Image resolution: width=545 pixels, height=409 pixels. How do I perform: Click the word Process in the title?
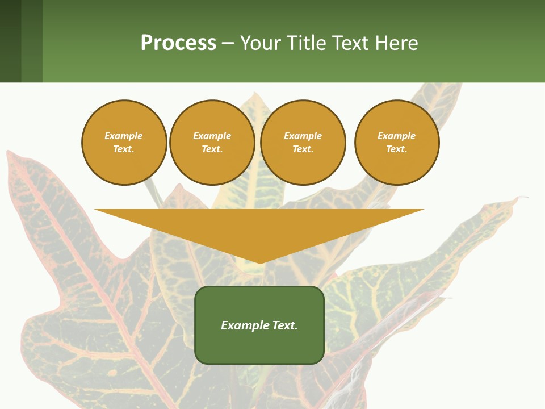(178, 43)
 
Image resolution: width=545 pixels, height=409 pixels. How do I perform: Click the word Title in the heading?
(307, 43)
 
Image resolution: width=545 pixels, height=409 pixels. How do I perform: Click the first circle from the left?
(124, 143)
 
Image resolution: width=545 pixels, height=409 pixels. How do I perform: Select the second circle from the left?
(212, 143)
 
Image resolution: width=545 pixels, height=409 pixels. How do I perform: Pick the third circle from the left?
(303, 143)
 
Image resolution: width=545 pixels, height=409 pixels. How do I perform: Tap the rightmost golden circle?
(397, 143)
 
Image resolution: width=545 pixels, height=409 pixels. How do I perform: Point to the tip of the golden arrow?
(260, 263)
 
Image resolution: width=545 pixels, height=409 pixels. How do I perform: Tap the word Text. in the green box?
(284, 325)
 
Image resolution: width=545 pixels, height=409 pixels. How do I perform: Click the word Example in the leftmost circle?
(124, 136)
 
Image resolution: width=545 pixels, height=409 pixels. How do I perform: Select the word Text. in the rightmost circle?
(397, 149)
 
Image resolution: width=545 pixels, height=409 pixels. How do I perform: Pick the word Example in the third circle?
(303, 136)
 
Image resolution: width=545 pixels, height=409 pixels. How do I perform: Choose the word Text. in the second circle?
(212, 149)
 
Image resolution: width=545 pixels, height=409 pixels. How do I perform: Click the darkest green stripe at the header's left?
(10, 41)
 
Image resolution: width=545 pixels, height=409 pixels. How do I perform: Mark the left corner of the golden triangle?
(95, 210)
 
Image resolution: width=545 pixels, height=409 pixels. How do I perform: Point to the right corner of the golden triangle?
(423, 210)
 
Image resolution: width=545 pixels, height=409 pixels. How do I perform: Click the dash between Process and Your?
(228, 44)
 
